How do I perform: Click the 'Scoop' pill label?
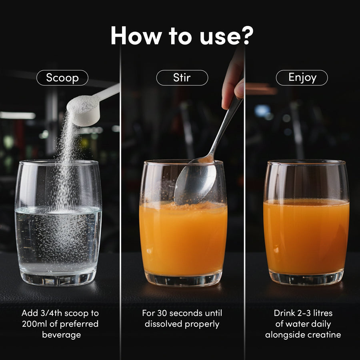[62, 78]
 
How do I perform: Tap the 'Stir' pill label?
[182, 78]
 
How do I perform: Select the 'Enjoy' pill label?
[302, 78]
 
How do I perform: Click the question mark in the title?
[247, 35]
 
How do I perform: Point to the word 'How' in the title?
[136, 35]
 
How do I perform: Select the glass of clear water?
[58, 222]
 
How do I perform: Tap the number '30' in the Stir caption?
[162, 313]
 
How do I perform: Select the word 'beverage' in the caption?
[62, 334]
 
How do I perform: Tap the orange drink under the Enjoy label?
[306, 236]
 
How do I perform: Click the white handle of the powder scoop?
[108, 92]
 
